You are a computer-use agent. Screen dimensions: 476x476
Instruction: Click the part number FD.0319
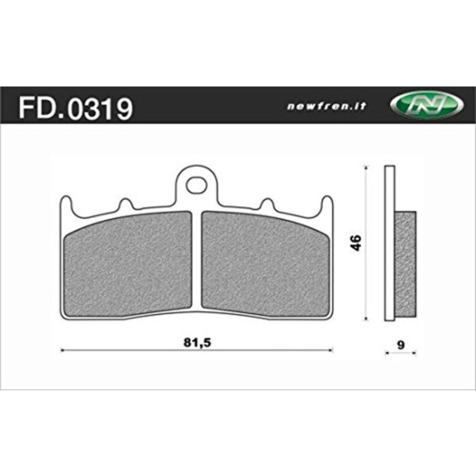click(x=75, y=109)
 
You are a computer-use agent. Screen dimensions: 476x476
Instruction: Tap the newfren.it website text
click(x=326, y=107)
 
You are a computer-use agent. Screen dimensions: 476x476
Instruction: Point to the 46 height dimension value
click(x=357, y=243)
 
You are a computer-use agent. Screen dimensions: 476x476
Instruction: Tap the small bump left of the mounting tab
click(x=125, y=204)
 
